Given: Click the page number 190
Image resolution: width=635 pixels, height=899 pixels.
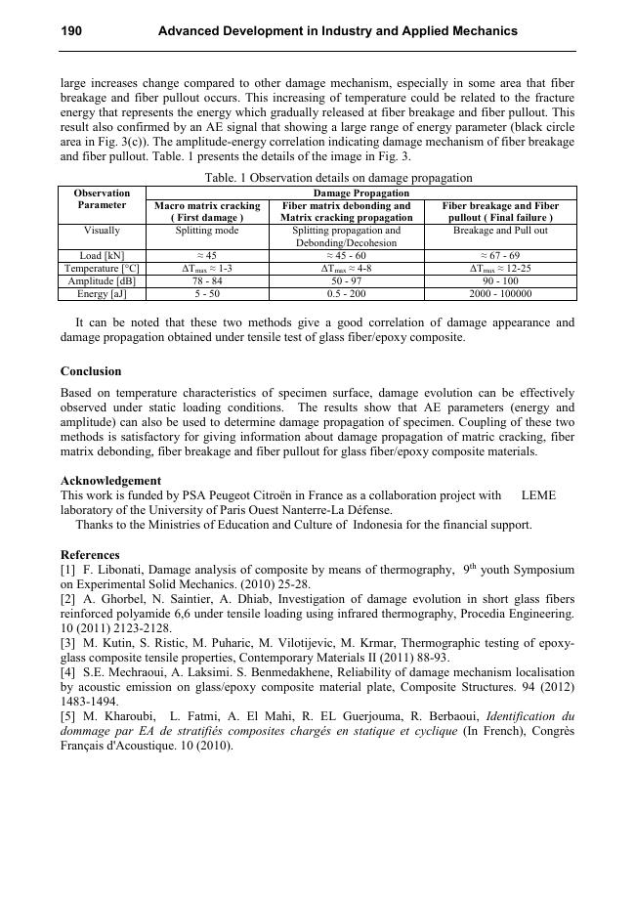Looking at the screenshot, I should click(x=71, y=31).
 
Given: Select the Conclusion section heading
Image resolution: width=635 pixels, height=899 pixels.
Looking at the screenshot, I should click(x=91, y=371).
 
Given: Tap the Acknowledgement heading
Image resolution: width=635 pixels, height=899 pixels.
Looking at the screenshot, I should click(x=110, y=481).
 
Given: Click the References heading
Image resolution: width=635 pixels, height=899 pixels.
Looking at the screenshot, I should click(x=90, y=555).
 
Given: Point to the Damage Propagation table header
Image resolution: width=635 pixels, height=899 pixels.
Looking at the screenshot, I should click(x=360, y=193).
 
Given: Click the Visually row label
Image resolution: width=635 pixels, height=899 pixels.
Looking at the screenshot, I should click(x=102, y=231).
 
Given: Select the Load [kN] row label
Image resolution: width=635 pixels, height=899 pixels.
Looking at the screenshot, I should click(x=102, y=255).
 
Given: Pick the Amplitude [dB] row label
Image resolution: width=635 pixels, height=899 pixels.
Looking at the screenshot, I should click(x=102, y=280).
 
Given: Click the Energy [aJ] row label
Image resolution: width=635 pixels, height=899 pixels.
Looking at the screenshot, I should click(x=102, y=293).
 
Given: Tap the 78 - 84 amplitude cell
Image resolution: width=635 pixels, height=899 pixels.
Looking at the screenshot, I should click(x=207, y=280).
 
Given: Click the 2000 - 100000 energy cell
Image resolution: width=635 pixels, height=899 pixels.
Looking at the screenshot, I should click(x=500, y=293).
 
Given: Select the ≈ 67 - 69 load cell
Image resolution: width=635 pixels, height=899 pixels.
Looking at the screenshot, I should click(x=500, y=255).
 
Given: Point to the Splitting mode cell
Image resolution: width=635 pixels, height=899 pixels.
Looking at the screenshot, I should click(x=207, y=231).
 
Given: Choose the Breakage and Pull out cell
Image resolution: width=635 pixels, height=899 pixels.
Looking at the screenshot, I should click(x=500, y=231).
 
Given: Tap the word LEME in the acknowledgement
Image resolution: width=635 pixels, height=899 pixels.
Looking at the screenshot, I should click(x=538, y=495).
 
